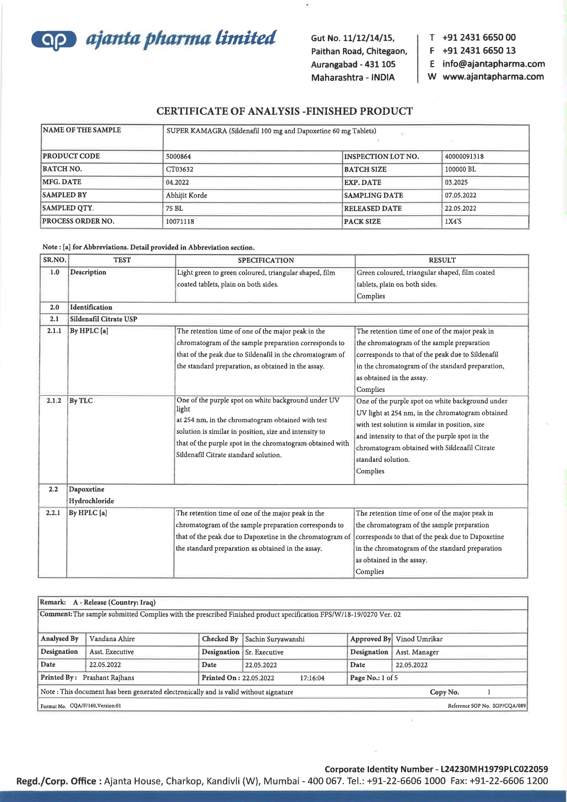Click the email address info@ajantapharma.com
[x=493, y=64]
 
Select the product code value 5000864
[x=178, y=156]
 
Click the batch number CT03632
[x=180, y=169]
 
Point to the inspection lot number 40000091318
[x=464, y=156]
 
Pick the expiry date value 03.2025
[x=456, y=182]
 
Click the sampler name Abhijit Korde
[x=187, y=195]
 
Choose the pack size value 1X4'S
[x=453, y=221]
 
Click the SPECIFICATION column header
[x=266, y=260]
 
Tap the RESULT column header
[x=442, y=260]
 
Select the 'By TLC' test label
[x=81, y=401]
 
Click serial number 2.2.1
[x=53, y=513]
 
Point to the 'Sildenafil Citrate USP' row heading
[x=103, y=319]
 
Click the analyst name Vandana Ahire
[x=112, y=639]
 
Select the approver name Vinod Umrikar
[x=419, y=639]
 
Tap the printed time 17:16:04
[x=312, y=678]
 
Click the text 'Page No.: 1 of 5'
[x=374, y=678]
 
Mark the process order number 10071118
[x=180, y=221]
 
